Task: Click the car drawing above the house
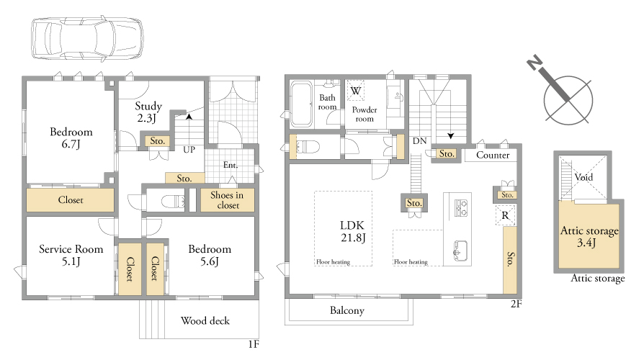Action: tap(87, 40)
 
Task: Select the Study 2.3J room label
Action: tap(148, 112)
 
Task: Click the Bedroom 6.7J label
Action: tap(71, 138)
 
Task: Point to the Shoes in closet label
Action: tap(227, 200)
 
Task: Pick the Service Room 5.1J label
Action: tap(71, 255)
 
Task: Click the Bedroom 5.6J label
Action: tap(210, 255)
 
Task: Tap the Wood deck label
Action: tap(205, 320)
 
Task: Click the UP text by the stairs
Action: tap(189, 150)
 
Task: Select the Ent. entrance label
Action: tap(231, 165)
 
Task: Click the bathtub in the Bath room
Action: tap(301, 104)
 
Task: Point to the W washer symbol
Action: tap(356, 91)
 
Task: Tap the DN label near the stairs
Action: tap(419, 141)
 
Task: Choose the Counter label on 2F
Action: tap(493, 156)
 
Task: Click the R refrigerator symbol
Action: tap(505, 215)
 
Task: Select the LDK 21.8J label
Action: tap(353, 231)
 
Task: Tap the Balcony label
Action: tap(347, 311)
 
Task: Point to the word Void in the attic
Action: tap(583, 177)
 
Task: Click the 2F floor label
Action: tap(516, 304)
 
